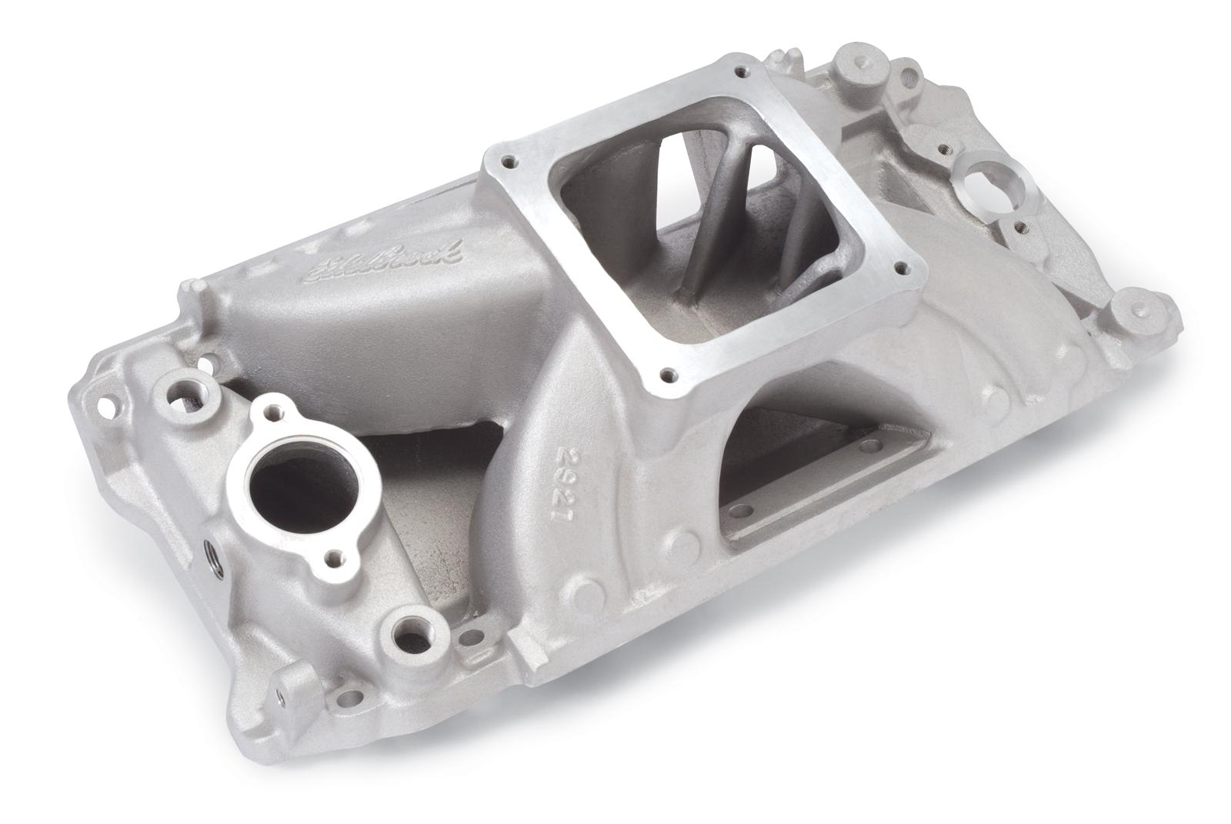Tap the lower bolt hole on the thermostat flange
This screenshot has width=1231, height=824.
pos(332,556)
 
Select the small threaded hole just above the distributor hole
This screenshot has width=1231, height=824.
pos(939,142)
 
